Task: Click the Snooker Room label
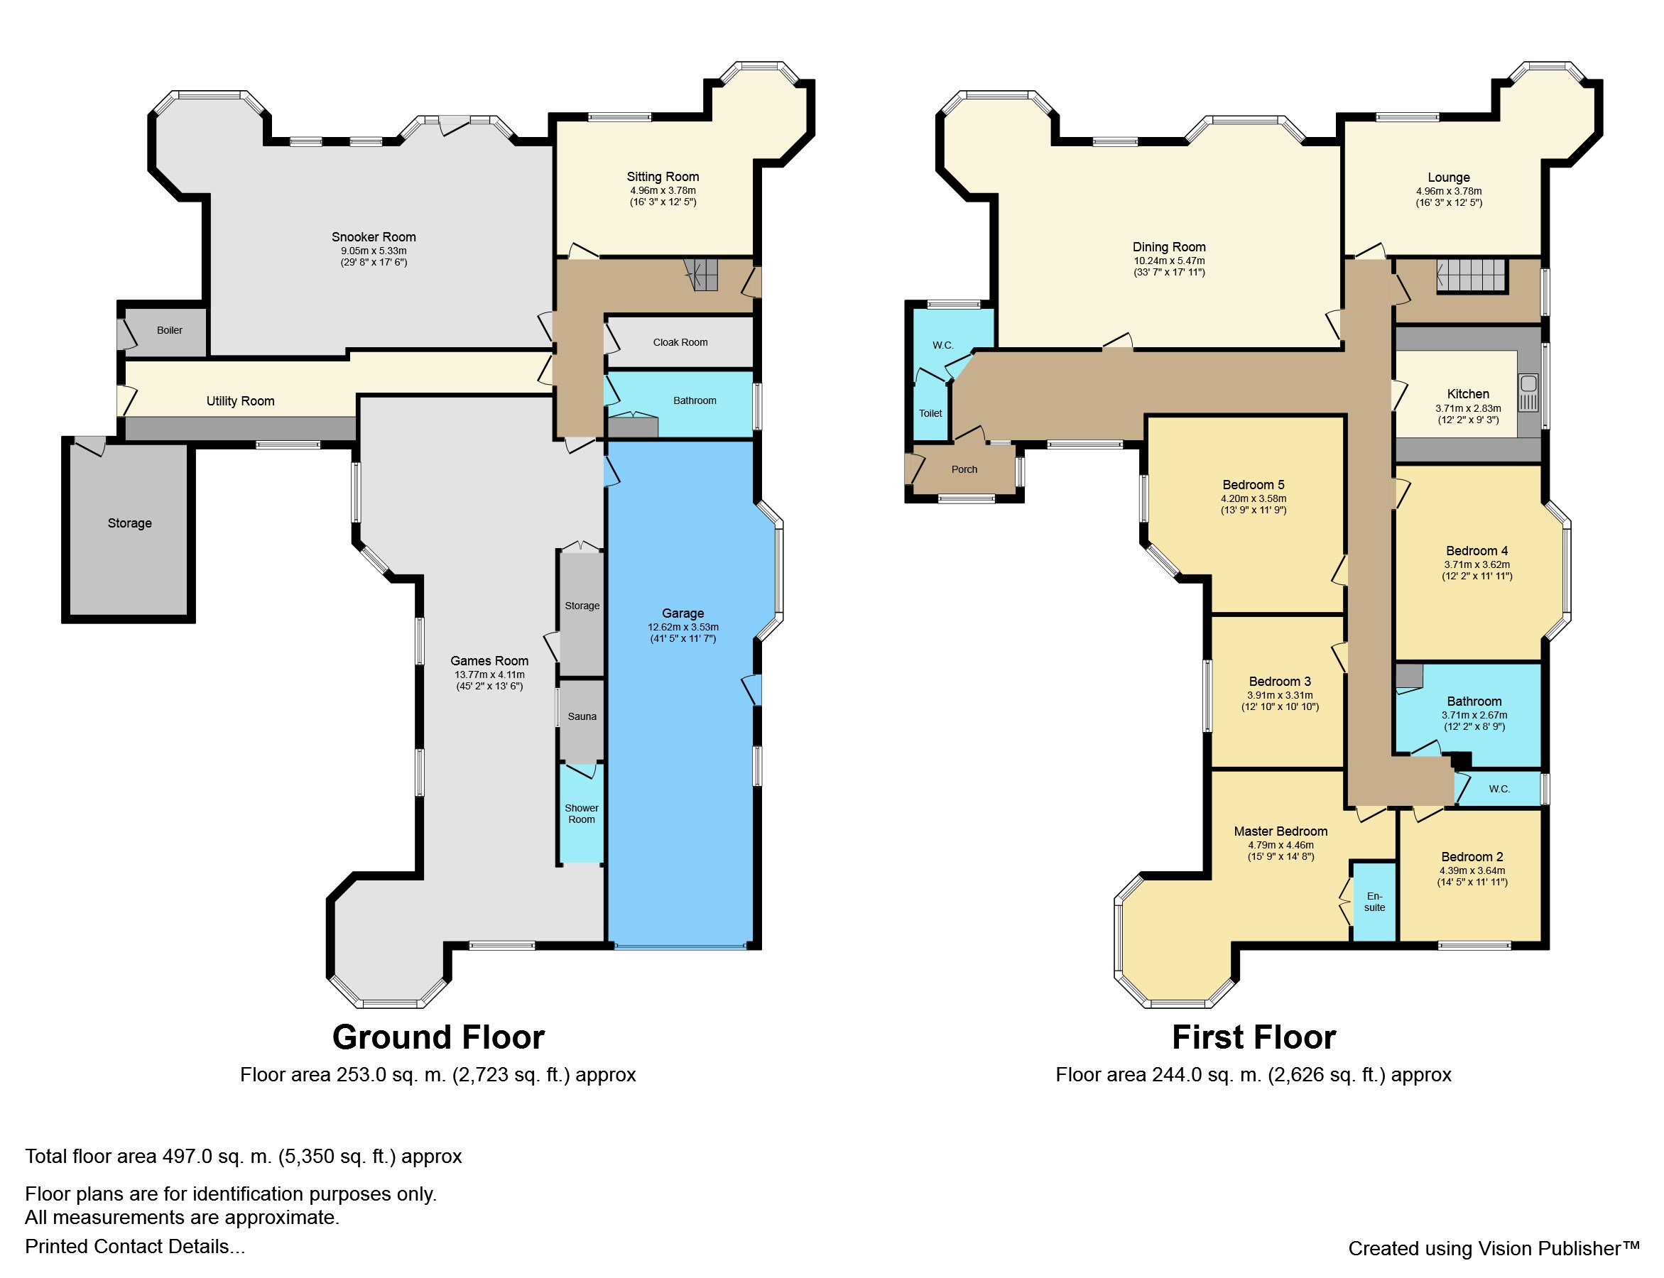[374, 237]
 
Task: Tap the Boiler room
[166, 331]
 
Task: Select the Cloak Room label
[680, 342]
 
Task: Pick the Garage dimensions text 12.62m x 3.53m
[683, 628]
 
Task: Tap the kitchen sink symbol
[1528, 393]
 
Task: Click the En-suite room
[1374, 902]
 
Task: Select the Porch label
[964, 469]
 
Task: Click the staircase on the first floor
[1472, 275]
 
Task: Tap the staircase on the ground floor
[702, 275]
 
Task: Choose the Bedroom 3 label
[1280, 682]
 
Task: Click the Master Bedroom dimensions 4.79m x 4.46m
[1280, 845]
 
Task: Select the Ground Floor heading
[438, 1037]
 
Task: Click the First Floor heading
[1254, 1037]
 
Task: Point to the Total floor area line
[244, 1157]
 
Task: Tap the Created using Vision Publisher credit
[1494, 1248]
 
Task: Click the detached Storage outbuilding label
[129, 523]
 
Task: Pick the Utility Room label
[241, 401]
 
